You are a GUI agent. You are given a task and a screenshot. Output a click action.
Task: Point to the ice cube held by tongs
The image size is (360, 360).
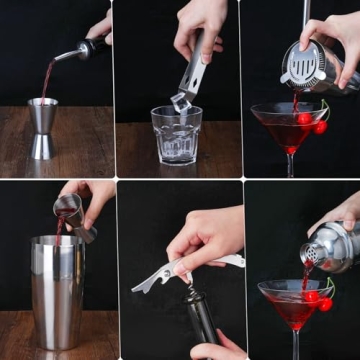[x=180, y=101]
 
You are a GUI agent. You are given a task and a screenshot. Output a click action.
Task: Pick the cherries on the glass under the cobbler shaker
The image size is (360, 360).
[x=318, y=300]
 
